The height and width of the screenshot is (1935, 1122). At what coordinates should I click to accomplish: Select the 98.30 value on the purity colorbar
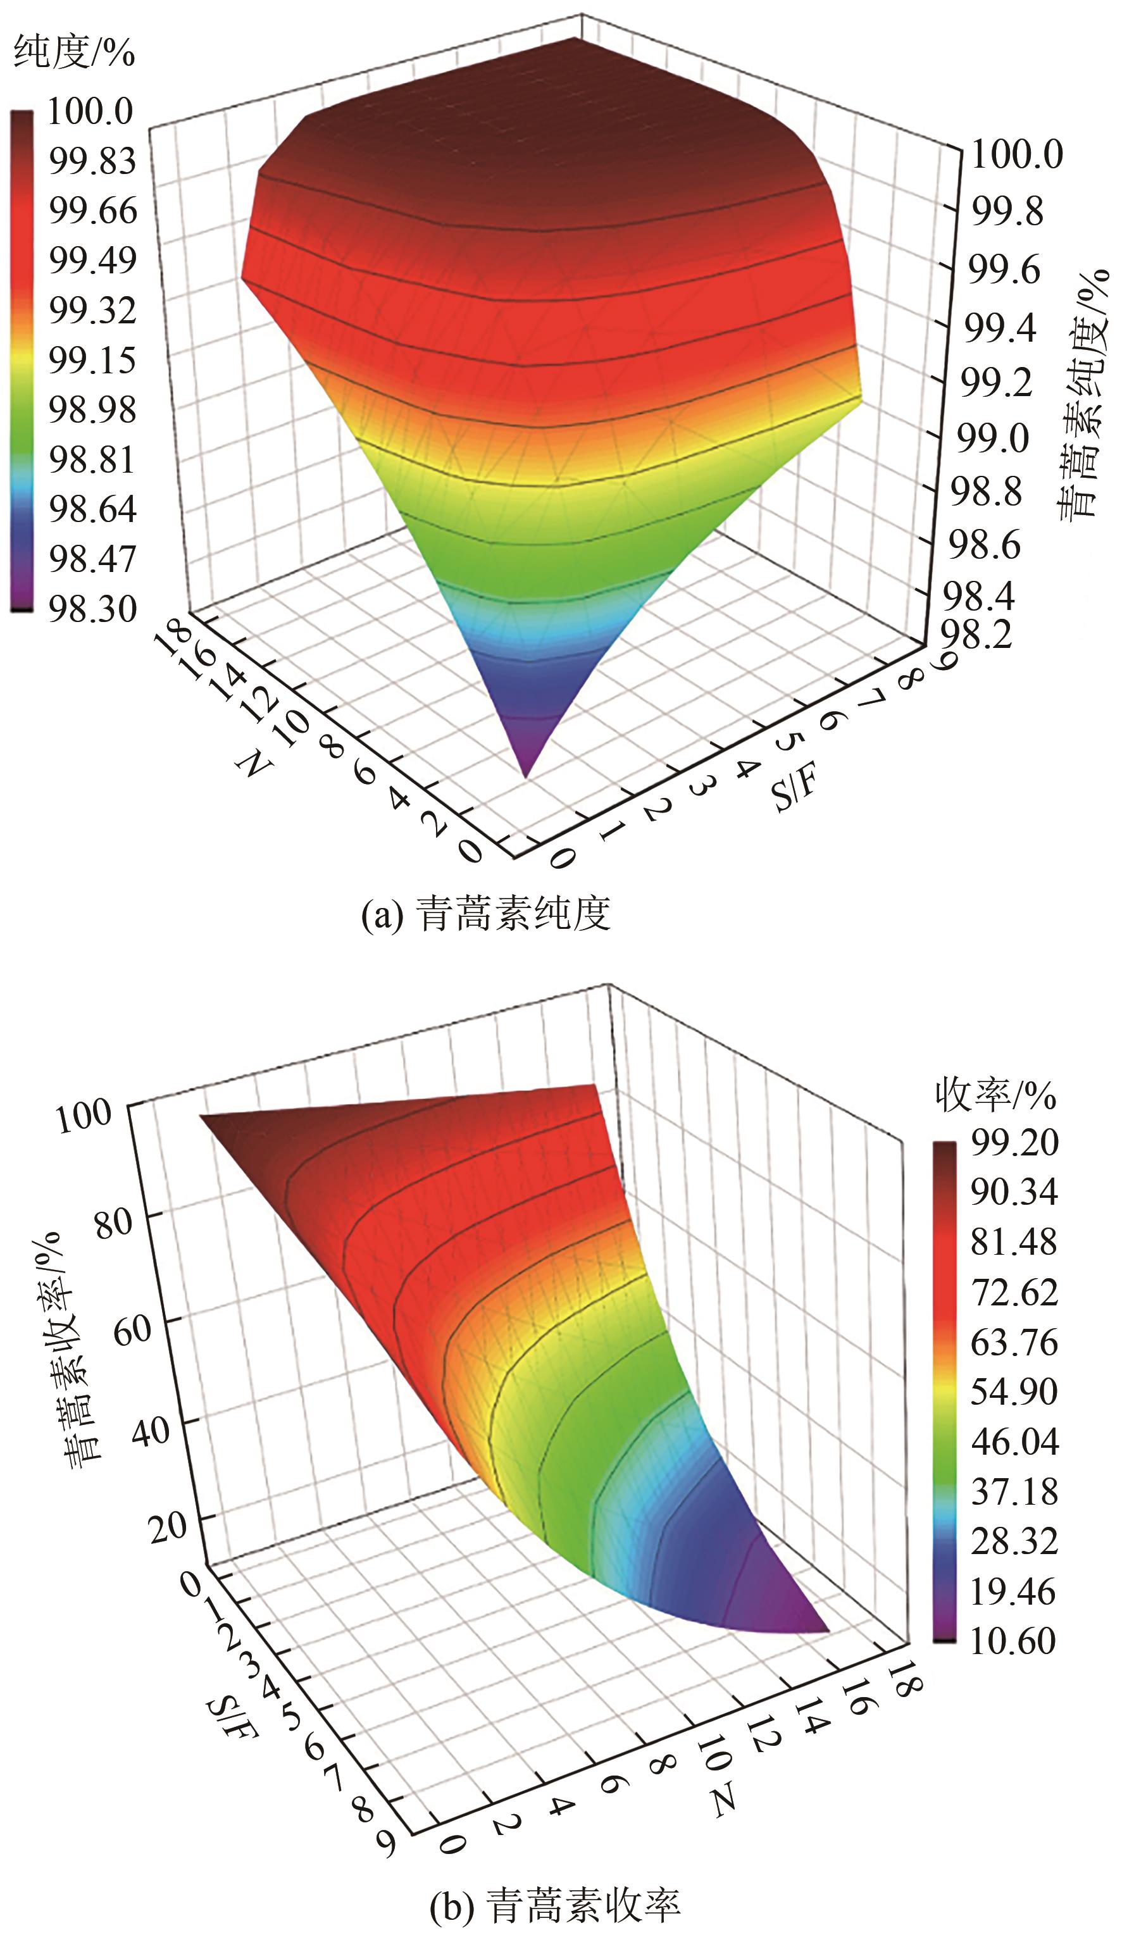[x=91, y=608]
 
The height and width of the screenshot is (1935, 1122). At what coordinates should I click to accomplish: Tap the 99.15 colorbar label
[x=91, y=359]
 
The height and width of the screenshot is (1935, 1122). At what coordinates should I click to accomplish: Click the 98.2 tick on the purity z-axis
[x=980, y=634]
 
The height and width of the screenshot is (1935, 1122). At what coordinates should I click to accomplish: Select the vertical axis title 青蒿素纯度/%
[x=1083, y=395]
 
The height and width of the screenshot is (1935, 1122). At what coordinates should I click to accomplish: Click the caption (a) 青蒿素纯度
[x=485, y=914]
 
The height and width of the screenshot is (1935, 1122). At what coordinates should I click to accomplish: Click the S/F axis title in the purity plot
[x=795, y=788]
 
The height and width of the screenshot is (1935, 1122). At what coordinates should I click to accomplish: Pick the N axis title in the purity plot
[x=253, y=762]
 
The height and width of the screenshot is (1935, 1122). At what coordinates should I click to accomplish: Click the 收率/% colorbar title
[x=995, y=1095]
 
